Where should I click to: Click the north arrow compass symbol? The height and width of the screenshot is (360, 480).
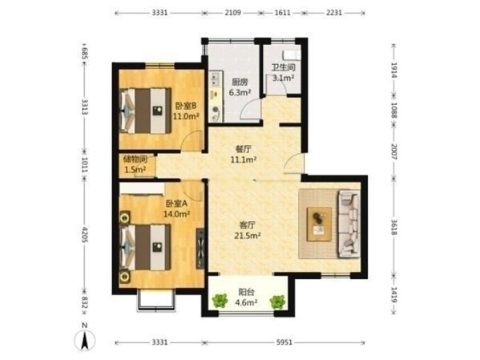85,339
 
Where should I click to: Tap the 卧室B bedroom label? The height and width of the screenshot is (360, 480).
186,106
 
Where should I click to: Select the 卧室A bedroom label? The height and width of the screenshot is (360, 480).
176,204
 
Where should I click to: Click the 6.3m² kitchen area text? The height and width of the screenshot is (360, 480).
240,92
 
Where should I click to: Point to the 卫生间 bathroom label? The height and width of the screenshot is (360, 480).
284,67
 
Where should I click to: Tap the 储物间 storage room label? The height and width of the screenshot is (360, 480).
135,160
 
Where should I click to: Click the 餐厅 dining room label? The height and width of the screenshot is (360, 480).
244,149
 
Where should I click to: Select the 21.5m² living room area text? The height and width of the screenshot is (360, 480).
248,236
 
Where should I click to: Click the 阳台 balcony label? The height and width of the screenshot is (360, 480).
247,292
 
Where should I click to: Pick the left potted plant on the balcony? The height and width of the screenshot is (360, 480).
220,300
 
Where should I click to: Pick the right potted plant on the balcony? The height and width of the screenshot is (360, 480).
277,301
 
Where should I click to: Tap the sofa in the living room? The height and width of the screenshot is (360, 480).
349,224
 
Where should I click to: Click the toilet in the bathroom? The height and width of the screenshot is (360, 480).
292,55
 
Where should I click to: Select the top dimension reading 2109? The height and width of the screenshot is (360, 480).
233,13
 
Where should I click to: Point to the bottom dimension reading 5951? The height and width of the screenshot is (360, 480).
284,342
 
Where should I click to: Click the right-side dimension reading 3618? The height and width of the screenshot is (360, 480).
394,228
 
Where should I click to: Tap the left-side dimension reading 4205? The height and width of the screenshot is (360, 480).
85,235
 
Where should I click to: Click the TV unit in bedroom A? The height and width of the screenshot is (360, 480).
200,249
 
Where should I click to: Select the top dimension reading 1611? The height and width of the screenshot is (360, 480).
282,13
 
